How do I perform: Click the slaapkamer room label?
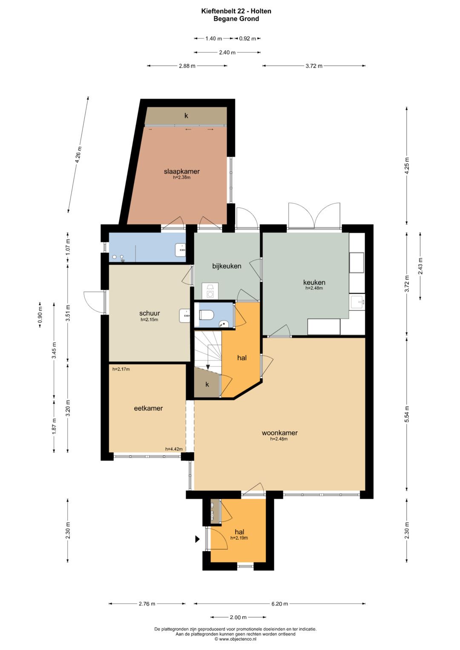181,172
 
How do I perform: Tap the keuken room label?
314,282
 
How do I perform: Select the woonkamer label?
279,433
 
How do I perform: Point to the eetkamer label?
148,408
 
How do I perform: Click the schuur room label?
149,313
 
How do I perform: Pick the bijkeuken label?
227,266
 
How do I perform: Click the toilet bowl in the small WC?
207,314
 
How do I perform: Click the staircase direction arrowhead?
208,367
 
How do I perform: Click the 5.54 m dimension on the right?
407,413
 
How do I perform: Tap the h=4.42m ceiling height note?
174,449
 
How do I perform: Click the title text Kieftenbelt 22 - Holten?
236,11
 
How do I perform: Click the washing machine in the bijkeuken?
210,290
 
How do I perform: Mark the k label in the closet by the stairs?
207,384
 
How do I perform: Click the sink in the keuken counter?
357,303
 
